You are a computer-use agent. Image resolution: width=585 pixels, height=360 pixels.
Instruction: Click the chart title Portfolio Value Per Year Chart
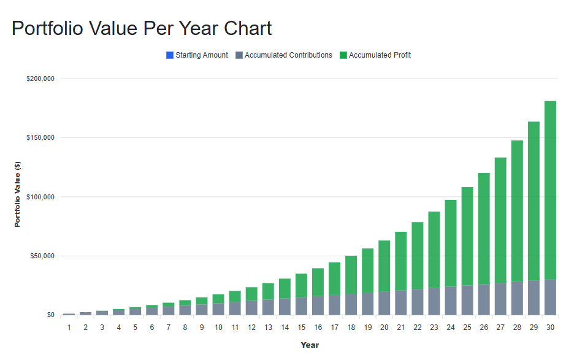[x=142, y=28]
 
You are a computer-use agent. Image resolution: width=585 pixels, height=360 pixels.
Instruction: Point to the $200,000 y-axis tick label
[x=40, y=79]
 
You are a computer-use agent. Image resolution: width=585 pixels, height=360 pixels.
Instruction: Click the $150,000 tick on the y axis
[x=40, y=137]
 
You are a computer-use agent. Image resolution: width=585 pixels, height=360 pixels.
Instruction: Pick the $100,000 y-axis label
[x=40, y=197]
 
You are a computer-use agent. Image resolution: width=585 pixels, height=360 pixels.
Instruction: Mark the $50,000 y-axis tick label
[x=42, y=256]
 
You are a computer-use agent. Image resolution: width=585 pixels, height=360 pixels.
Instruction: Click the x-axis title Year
[x=310, y=345]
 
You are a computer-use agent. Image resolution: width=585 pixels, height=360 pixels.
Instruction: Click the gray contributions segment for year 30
[x=550, y=297]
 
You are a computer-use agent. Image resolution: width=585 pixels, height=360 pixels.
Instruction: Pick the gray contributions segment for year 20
[x=384, y=303]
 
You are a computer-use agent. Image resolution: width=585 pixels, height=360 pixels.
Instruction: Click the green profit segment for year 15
[x=301, y=285]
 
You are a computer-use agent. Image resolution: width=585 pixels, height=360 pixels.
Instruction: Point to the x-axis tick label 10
[x=218, y=327]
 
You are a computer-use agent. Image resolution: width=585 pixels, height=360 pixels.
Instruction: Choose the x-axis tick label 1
[x=69, y=327]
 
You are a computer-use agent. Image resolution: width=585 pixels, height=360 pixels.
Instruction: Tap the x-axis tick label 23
[x=434, y=327]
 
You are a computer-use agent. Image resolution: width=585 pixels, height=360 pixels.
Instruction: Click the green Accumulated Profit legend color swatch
[x=343, y=55]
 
